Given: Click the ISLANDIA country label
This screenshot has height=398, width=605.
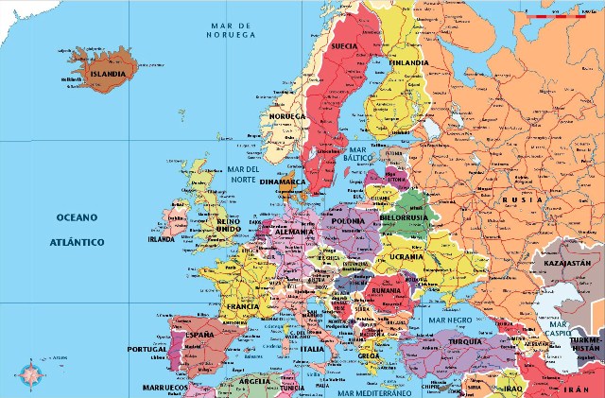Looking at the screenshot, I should [106, 71].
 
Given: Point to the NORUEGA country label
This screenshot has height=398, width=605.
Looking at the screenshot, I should [287, 116].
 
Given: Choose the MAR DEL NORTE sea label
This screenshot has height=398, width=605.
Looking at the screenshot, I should [242, 174].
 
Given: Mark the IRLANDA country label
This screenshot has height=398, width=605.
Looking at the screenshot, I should [162, 239].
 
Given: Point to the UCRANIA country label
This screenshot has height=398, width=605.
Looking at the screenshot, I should [405, 257].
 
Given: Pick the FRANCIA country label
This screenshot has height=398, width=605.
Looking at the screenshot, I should [242, 306].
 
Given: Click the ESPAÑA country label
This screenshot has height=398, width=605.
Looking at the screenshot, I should [199, 335].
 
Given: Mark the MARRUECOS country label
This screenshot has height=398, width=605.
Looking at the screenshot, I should [164, 388].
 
